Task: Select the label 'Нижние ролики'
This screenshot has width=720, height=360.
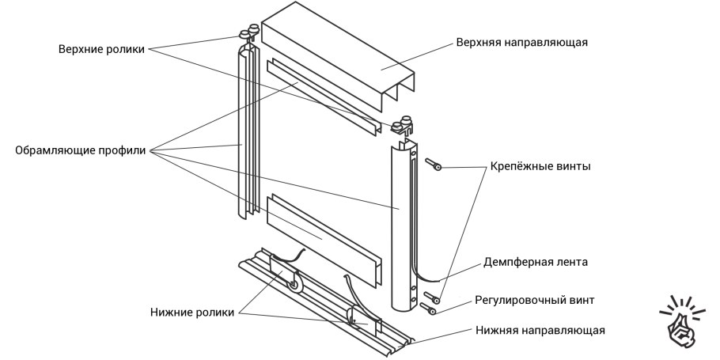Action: pyautogui.click(x=191, y=312)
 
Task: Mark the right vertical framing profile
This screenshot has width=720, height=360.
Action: pyautogui.click(x=403, y=229)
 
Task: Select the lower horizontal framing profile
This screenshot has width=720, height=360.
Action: pyautogui.click(x=324, y=237)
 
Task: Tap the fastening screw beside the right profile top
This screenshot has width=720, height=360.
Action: pyautogui.click(x=434, y=165)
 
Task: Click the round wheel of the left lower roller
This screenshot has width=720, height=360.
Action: pyautogui.click(x=294, y=282)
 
